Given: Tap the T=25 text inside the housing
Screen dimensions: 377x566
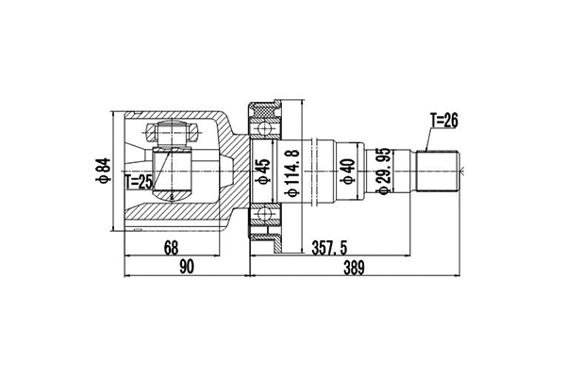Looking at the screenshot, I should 138,181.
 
